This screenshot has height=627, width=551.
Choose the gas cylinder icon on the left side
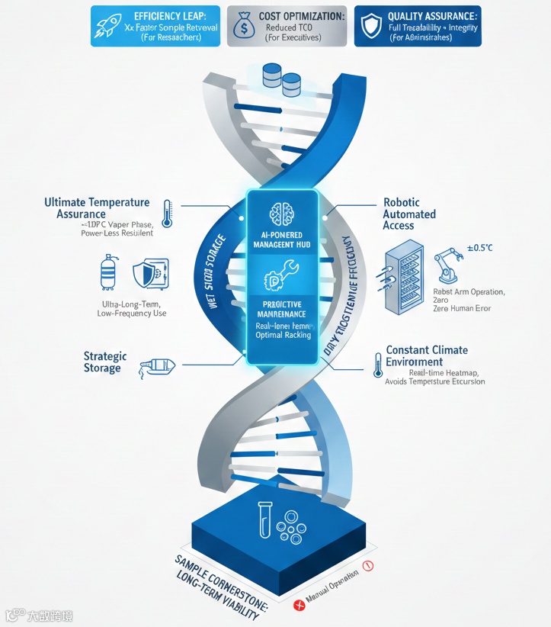(107, 272)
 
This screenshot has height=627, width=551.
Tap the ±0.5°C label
(478, 247)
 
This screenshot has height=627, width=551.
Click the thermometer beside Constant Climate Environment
(377, 364)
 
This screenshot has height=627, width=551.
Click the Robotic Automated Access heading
(410, 214)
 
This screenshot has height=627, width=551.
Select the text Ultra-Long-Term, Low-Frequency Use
(133, 309)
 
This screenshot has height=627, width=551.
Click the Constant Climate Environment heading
(427, 356)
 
